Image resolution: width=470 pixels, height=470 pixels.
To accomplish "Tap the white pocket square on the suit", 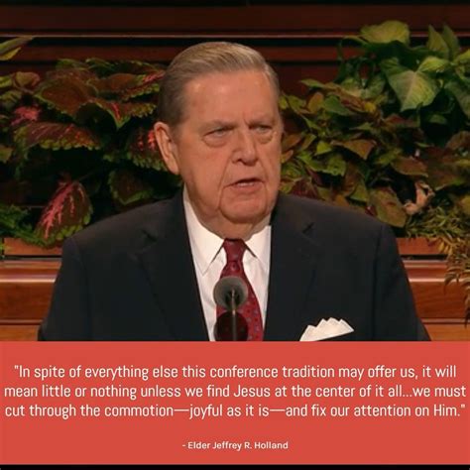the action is [326, 329].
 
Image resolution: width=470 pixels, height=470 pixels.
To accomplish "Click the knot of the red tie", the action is [234, 252].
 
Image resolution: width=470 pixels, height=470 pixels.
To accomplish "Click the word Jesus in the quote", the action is [250, 392].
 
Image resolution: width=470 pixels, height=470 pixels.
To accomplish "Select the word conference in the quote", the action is [244, 372].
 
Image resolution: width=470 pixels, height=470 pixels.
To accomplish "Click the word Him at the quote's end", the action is [447, 411].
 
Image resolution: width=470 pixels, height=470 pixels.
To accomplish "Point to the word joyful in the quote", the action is [206, 411].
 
